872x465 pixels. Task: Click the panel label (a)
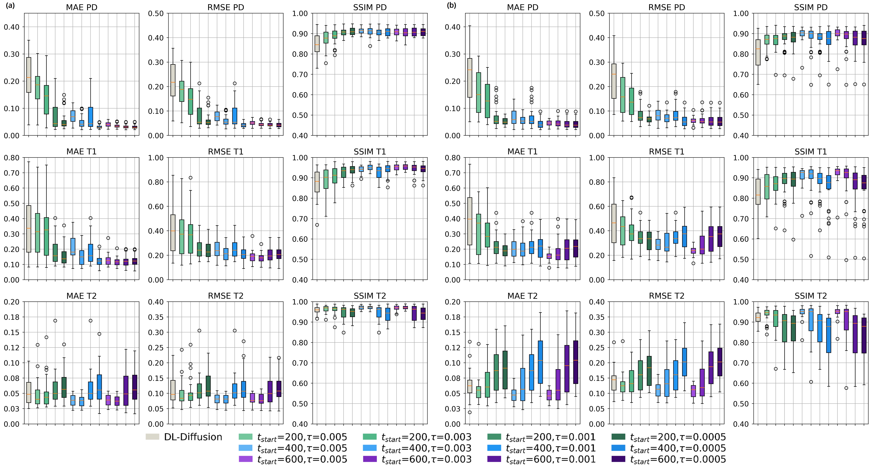coord(10,5)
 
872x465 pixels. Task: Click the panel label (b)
coord(451,5)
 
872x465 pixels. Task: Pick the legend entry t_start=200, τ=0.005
coord(293,437)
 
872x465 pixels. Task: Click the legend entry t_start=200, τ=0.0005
coord(669,437)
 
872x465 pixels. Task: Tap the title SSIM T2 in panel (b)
coord(811,296)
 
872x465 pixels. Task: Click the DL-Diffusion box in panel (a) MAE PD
coord(29,75)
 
